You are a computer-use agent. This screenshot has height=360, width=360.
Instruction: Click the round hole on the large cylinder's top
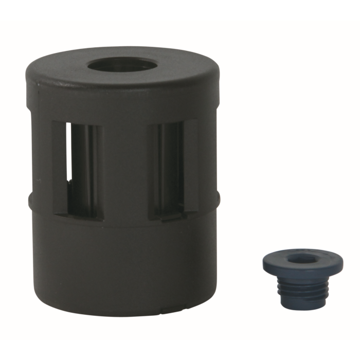click(x=122, y=65)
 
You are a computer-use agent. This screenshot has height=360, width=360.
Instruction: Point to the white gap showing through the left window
click(x=68, y=154)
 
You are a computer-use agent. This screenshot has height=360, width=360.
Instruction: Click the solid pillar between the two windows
click(x=125, y=170)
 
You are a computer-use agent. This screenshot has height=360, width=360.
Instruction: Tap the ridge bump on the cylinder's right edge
click(x=218, y=198)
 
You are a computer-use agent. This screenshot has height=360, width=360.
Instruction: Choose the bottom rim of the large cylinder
click(x=123, y=311)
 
